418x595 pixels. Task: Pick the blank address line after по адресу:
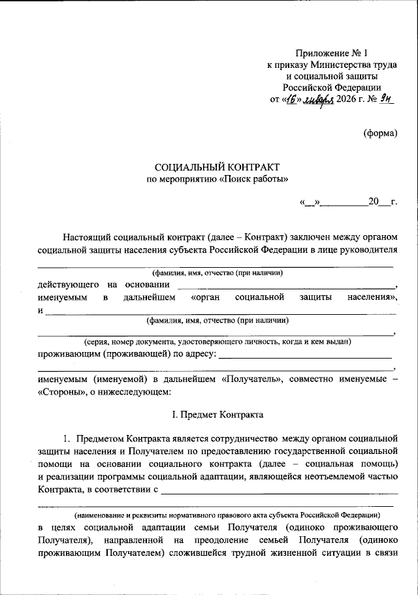pyautogui.click(x=304, y=355)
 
